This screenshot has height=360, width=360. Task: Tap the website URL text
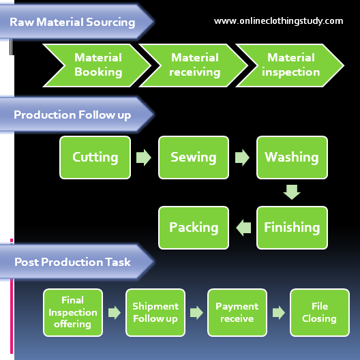click(x=278, y=21)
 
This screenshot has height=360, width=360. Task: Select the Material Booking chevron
click(x=97, y=65)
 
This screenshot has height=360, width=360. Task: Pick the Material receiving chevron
click(x=194, y=65)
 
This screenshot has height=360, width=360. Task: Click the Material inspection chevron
click(x=290, y=65)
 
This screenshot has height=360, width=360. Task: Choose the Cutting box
click(x=95, y=157)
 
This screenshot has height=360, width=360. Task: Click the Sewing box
click(x=194, y=157)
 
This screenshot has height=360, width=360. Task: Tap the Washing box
click(x=292, y=157)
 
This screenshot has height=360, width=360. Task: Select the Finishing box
click(x=292, y=228)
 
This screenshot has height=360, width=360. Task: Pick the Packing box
click(x=194, y=228)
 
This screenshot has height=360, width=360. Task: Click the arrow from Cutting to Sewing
click(x=144, y=157)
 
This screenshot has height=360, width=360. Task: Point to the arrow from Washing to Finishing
click(x=292, y=192)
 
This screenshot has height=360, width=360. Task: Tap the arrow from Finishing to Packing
click(x=243, y=228)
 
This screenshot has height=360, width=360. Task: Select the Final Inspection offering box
click(x=73, y=312)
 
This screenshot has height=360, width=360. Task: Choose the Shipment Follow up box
click(x=155, y=312)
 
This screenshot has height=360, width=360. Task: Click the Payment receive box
click(x=237, y=312)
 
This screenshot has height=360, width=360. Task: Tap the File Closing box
click(x=320, y=312)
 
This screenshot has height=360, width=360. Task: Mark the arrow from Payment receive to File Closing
click(x=279, y=312)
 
